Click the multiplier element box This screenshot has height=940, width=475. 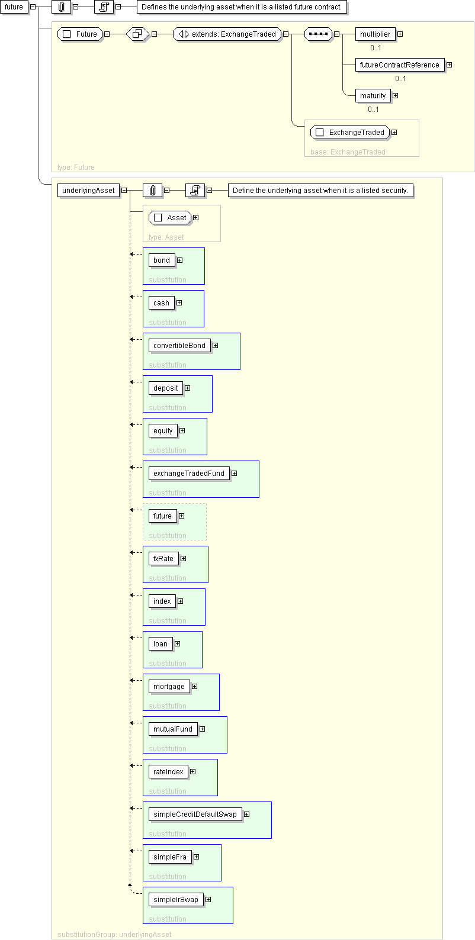375,34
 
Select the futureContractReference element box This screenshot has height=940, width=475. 399,65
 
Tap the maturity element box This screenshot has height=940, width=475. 373,96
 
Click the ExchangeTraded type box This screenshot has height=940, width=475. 350,133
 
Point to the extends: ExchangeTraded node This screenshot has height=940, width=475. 227,34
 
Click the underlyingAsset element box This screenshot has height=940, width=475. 88,191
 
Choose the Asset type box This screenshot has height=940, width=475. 170,218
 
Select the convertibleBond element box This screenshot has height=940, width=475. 179,345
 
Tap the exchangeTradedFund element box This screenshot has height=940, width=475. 189,474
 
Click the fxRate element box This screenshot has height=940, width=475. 163,559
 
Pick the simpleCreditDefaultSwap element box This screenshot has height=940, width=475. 195,814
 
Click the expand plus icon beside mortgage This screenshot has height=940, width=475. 194,687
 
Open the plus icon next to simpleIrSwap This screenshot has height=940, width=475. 208,899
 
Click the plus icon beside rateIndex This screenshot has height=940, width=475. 192,772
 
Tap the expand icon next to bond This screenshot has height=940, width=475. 179,260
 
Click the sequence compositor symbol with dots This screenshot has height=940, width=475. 319,34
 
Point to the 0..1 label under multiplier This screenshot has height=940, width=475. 375,48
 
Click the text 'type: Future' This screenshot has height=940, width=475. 76,168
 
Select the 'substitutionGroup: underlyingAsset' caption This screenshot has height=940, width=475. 114,935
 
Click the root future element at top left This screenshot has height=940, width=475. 14,7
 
